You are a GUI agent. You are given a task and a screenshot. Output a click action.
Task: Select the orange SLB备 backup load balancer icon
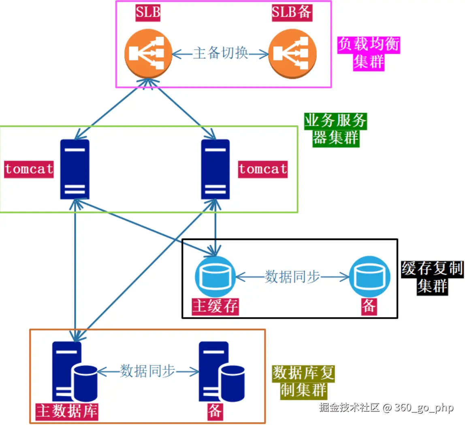click(x=292, y=53)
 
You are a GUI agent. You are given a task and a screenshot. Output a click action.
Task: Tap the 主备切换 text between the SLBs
click(x=220, y=53)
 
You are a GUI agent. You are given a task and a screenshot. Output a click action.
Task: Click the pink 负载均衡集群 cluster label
click(x=369, y=53)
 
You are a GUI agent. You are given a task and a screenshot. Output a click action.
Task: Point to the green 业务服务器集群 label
click(x=335, y=129)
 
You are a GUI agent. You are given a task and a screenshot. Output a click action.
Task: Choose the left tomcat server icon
click(x=75, y=169)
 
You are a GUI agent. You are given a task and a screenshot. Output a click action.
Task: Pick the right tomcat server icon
click(x=215, y=169)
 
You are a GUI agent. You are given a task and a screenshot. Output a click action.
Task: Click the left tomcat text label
click(x=29, y=169)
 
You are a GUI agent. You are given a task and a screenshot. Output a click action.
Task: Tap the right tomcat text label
click(x=263, y=169)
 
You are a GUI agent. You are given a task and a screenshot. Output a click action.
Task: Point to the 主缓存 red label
click(x=215, y=307)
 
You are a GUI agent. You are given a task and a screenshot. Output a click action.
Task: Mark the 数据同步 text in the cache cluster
click(x=292, y=277)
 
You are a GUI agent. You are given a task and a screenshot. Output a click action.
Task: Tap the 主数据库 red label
click(x=67, y=411)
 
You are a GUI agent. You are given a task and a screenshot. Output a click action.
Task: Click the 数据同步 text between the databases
click(x=147, y=371)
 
